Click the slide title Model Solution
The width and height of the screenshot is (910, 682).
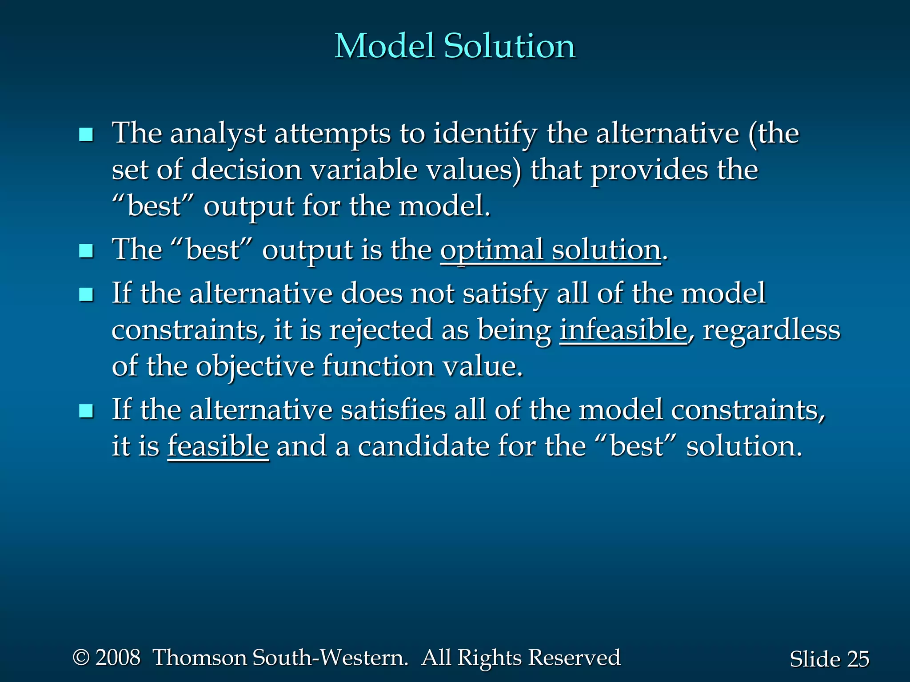pyautogui.click(x=455, y=46)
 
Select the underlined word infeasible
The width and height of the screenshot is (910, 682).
pyautogui.click(x=623, y=330)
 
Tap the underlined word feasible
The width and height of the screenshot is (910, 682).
pyautogui.click(x=218, y=446)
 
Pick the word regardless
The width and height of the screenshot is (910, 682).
pyautogui.click(x=771, y=330)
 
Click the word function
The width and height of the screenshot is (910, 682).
pyautogui.click(x=378, y=366)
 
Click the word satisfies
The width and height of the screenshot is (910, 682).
pyautogui.click(x=393, y=409)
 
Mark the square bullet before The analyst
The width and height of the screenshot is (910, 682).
pyautogui.click(x=86, y=135)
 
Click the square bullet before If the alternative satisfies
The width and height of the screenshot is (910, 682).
pyautogui.click(x=86, y=411)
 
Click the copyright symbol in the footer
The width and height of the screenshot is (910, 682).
pyautogui.click(x=81, y=657)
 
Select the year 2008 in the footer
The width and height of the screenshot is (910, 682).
pyautogui.click(x=118, y=658)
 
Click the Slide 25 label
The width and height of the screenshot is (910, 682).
pyautogui.click(x=829, y=659)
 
